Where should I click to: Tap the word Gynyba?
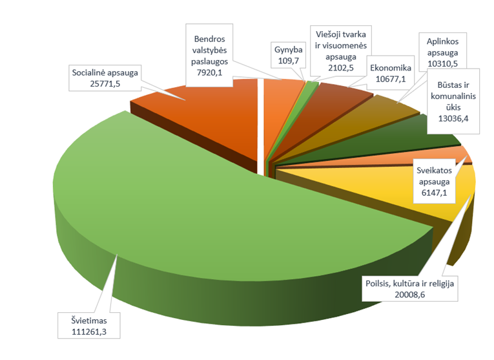(288, 49)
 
